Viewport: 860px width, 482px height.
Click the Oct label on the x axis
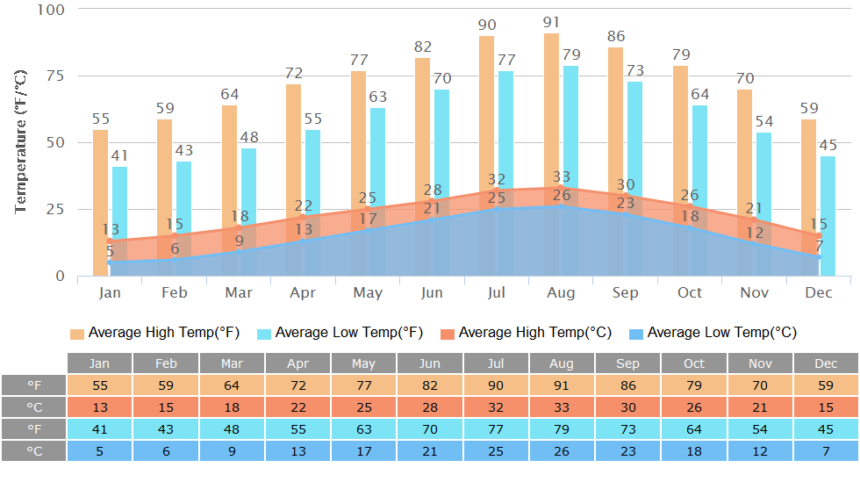point(691,292)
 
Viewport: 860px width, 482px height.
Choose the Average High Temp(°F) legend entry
point(154,333)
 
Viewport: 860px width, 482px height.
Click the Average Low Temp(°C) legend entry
point(713,333)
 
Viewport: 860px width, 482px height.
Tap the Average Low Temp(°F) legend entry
point(340,333)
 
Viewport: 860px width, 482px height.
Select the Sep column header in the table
point(628,363)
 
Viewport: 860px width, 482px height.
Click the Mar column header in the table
point(232,363)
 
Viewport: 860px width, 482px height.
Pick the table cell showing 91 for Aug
point(562,385)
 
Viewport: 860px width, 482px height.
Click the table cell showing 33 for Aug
point(562,406)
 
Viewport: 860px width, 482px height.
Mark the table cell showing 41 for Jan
point(100,428)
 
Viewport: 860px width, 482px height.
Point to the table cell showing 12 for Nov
point(760,450)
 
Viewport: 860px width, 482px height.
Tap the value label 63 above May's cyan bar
point(377,97)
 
